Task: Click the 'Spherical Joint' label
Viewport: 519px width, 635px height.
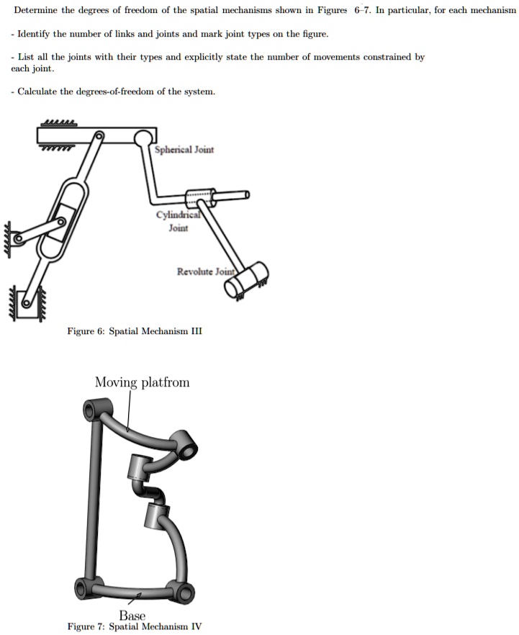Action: pyautogui.click(x=184, y=150)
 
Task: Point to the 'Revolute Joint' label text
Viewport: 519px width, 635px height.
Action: pyautogui.click(x=206, y=271)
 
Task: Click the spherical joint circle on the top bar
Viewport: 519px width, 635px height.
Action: pyautogui.click(x=144, y=135)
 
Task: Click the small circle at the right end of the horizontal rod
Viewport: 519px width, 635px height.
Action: pyautogui.click(x=246, y=194)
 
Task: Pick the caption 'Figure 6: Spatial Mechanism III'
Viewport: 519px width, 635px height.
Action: pyautogui.click(x=135, y=331)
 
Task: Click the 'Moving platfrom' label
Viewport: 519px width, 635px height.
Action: pyautogui.click(x=142, y=382)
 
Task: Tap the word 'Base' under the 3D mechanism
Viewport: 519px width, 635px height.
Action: pyautogui.click(x=132, y=616)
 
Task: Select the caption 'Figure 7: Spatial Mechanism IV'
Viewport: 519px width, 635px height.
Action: pyautogui.click(x=135, y=626)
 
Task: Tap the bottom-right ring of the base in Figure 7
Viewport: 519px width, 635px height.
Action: pyautogui.click(x=185, y=593)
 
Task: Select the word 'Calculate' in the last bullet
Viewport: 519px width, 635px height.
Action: pyautogui.click(x=39, y=91)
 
